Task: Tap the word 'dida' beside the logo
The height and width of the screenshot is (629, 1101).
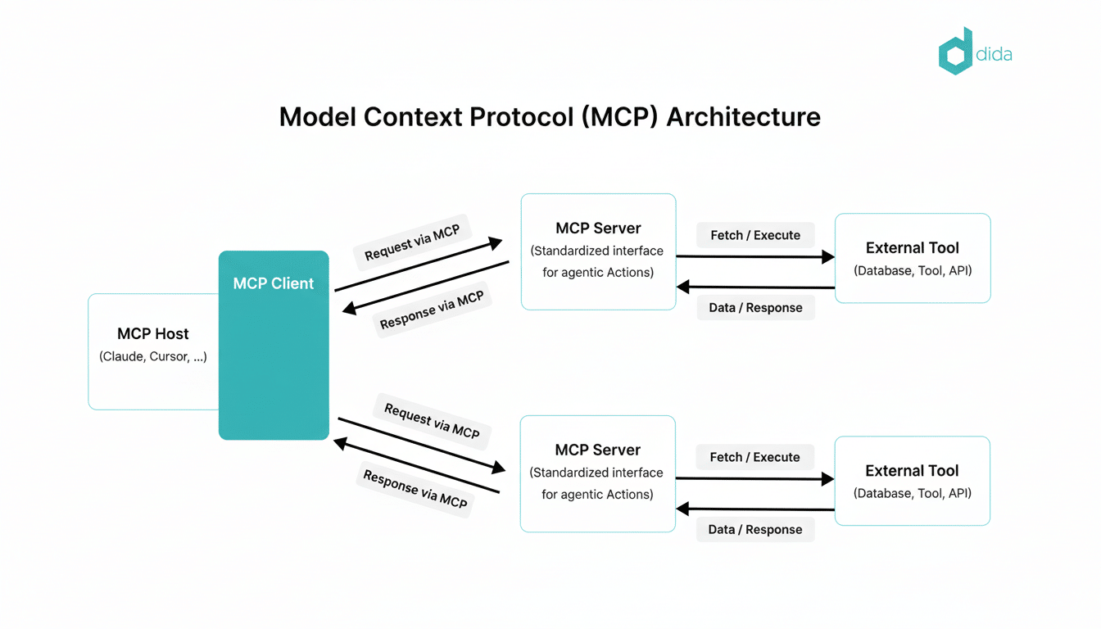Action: pos(994,55)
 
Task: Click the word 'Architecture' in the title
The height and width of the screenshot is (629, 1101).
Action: pos(743,117)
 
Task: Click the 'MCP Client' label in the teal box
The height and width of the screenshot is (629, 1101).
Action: pos(274,283)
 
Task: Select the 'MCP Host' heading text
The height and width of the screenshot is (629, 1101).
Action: pos(153,333)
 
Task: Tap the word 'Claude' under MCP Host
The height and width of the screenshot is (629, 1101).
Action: pos(122,356)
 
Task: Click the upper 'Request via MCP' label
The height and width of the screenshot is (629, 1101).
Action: pos(412,242)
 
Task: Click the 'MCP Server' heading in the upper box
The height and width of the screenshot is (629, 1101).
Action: pos(598,228)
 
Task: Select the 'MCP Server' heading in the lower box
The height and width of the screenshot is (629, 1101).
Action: pos(597,450)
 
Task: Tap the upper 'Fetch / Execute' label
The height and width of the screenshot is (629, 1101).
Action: pos(755,235)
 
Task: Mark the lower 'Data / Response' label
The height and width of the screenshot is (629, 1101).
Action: pos(755,529)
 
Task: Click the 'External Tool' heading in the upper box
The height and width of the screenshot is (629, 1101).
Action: pos(912,247)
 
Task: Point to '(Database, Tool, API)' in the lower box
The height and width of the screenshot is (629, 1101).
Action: pos(912,493)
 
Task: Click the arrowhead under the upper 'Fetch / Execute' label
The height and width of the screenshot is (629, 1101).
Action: pos(827,257)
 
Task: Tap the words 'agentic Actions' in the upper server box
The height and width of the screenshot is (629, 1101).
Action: pos(598,272)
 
